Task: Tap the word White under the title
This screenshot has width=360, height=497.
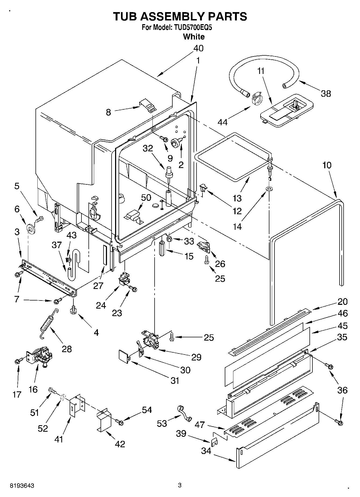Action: point(194,37)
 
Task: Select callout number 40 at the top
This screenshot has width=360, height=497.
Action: point(198,48)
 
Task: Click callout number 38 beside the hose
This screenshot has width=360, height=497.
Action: point(326,94)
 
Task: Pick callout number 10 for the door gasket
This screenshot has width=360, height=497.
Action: point(327,165)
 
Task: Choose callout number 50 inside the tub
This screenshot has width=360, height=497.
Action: point(146,198)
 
